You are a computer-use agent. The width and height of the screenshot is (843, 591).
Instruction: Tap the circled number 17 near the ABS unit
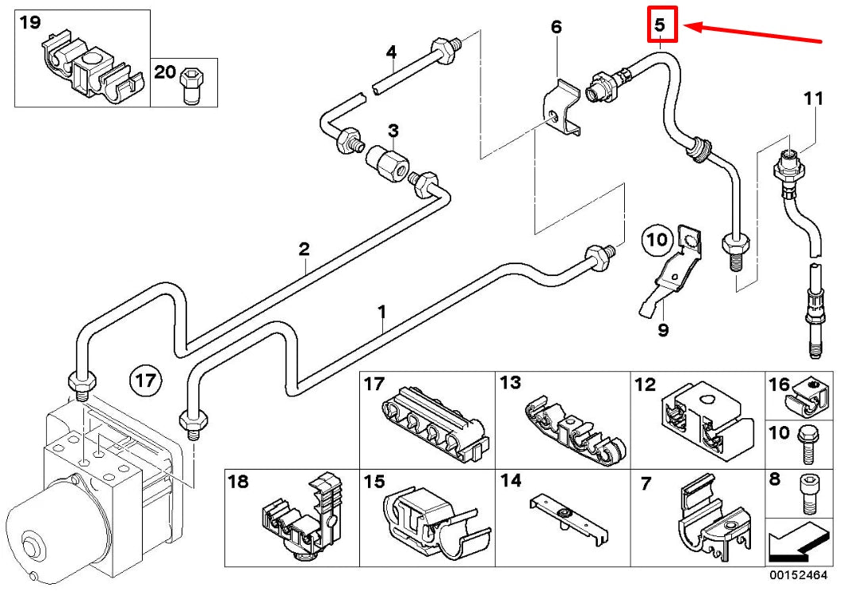point(146,381)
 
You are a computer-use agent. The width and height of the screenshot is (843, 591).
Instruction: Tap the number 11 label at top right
point(813,99)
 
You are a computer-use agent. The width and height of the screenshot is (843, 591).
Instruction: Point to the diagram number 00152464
point(801,573)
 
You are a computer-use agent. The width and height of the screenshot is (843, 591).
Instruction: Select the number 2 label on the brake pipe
point(304,249)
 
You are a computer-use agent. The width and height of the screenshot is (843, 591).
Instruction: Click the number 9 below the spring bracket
point(663,329)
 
